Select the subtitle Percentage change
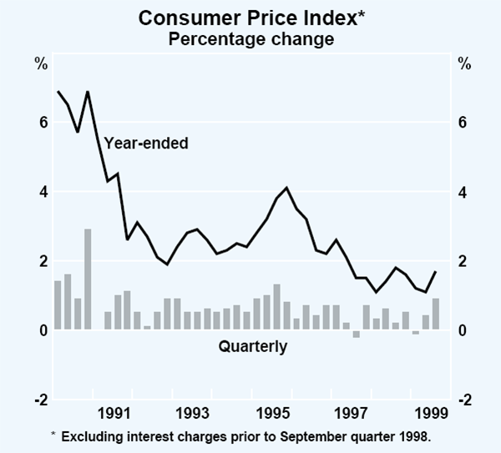tap(250, 38)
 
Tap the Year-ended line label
tap(147, 143)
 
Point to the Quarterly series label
tap(252, 346)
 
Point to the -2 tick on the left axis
tap(39, 400)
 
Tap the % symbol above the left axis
tap(40, 64)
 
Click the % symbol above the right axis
tap(464, 64)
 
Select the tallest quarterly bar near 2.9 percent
tap(88, 279)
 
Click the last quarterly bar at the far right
tap(435, 315)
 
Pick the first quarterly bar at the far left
tap(58, 305)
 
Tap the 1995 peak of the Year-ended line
tap(286, 188)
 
